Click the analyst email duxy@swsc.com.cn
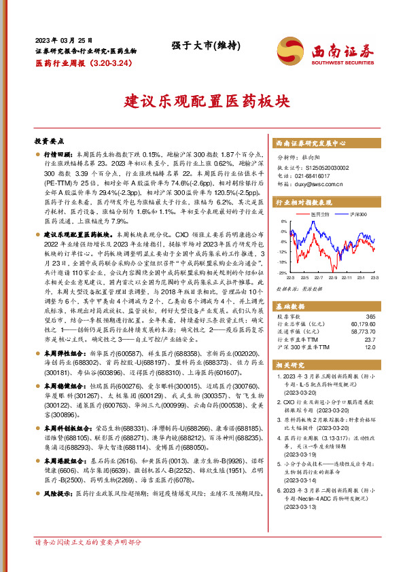tap(320, 183)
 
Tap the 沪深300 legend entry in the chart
tap(356, 214)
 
